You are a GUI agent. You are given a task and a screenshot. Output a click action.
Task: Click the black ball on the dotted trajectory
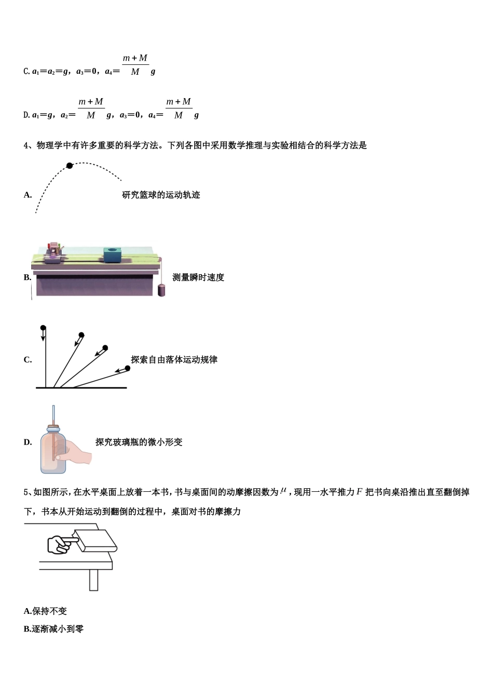click(70, 166)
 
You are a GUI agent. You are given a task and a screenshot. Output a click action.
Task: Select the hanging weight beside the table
click(161, 290)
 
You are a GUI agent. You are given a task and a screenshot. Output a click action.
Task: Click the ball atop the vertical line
click(43, 328)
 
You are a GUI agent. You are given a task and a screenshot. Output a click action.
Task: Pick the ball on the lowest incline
click(128, 368)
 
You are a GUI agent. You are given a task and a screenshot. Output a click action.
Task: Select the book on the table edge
click(97, 541)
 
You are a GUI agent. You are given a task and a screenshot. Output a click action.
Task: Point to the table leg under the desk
click(93, 580)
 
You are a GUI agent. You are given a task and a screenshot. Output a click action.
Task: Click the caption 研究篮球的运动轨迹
click(161, 195)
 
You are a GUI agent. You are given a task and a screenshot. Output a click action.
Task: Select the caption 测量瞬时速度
click(198, 277)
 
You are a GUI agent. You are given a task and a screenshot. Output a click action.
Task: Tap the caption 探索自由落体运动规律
click(174, 359)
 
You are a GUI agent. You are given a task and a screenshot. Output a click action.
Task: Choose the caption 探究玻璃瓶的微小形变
click(139, 442)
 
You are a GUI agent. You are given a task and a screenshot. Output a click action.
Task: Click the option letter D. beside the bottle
click(28, 442)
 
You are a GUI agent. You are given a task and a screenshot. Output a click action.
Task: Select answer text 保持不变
click(49, 611)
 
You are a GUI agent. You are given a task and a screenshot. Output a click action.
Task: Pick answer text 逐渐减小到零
click(58, 629)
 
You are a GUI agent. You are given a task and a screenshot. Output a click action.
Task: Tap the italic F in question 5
click(359, 492)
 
